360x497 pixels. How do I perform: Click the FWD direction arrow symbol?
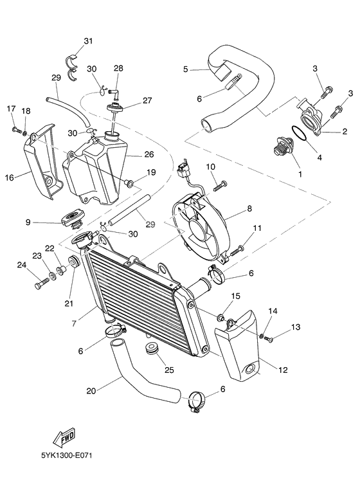tap(66, 439)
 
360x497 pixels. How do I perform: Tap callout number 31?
tap(88, 42)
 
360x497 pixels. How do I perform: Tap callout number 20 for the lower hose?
tap(91, 390)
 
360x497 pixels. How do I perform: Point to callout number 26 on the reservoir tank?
tap(149, 154)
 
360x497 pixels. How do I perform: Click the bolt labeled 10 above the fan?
tap(217, 185)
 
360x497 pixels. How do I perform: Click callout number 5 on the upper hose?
tap(185, 69)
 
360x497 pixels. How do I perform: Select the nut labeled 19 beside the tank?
tap(131, 185)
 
